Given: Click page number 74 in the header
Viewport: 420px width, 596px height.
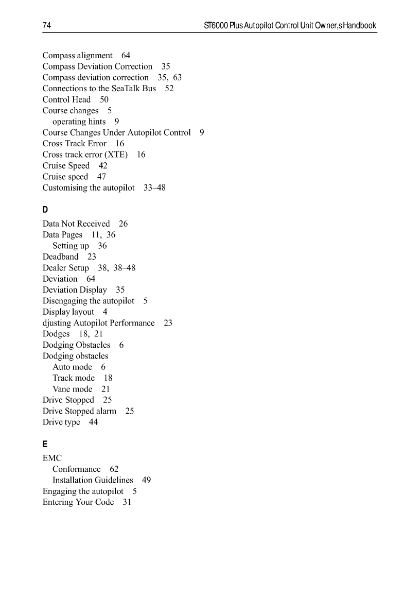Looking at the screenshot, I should tap(46, 25).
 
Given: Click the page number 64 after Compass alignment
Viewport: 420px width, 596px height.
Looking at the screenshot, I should tap(126, 55).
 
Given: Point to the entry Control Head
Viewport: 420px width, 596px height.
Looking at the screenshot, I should tap(66, 99).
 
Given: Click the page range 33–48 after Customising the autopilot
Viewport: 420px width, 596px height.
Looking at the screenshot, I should tap(154, 188).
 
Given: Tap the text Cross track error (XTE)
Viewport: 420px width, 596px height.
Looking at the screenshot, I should tap(85, 155).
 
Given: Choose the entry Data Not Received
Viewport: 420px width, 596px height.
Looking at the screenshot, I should tap(76, 224).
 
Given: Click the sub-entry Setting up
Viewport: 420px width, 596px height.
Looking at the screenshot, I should tap(71, 246).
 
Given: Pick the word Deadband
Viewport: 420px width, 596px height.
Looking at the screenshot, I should tap(61, 257).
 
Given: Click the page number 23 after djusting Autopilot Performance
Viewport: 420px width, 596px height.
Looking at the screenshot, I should tap(168, 323).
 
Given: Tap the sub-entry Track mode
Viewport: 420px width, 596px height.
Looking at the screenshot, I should tap(74, 378).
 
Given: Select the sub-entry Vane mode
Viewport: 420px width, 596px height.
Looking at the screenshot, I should tap(73, 389).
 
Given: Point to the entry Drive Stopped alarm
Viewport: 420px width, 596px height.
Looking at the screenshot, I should tap(79, 411).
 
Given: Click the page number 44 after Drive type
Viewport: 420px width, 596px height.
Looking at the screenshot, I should tap(93, 422).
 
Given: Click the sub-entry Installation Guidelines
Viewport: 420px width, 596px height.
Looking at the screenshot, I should tap(93, 480).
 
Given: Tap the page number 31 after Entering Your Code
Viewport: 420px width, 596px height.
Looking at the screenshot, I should tap(127, 502).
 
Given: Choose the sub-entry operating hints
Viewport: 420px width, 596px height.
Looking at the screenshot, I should tap(79, 122).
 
